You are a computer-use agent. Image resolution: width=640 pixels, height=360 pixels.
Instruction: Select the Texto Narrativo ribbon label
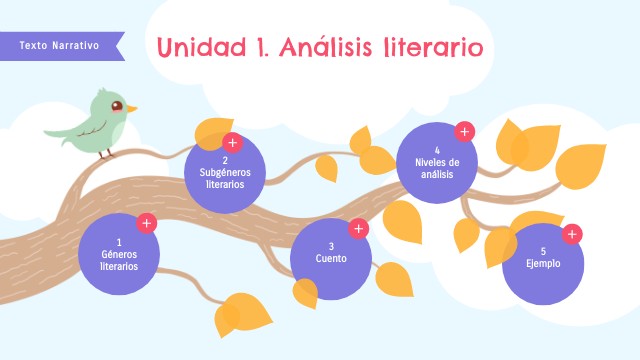[59, 45]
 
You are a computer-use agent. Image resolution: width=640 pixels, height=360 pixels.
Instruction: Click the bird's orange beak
[131, 108]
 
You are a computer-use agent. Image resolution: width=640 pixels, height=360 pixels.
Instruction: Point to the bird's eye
[117, 105]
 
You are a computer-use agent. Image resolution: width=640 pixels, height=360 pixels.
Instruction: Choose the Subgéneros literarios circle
[225, 173]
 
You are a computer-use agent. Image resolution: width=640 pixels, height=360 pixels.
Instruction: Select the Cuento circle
[331, 259]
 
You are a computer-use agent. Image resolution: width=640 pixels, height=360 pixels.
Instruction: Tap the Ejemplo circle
[543, 264]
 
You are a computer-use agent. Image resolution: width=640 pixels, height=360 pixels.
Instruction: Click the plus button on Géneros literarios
[147, 223]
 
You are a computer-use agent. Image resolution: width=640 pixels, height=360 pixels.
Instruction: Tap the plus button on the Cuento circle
[359, 228]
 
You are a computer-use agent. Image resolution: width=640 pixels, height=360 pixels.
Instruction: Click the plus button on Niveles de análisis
[464, 131]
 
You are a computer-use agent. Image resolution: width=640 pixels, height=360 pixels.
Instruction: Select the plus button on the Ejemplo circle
[572, 235]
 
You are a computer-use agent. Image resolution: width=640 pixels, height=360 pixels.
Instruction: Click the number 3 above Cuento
[331, 247]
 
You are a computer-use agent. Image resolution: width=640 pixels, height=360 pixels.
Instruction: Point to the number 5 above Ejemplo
[543, 251]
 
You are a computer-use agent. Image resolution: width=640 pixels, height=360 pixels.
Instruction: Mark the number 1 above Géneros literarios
[119, 242]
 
